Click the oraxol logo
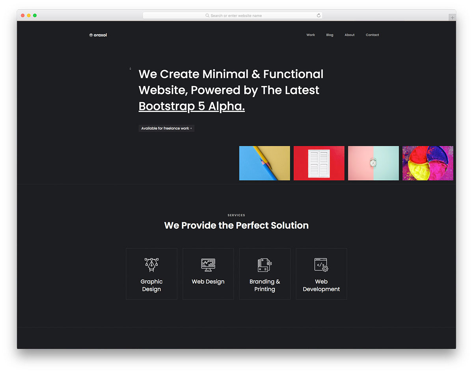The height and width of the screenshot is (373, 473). pos(98,35)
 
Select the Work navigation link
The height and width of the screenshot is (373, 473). pos(311,35)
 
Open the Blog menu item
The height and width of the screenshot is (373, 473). pos(330,35)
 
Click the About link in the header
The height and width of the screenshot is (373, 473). pos(349,35)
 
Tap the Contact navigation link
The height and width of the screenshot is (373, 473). pos(372,35)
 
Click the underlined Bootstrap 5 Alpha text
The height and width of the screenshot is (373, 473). pos(192,106)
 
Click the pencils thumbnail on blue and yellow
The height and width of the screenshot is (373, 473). pos(264,163)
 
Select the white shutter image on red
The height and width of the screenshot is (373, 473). pos(319,163)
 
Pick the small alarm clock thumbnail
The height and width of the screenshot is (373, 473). pos(373,163)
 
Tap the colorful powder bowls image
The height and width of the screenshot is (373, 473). pos(428,163)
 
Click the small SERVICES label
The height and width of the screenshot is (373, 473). pos(236,215)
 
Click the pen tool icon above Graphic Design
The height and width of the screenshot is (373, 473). pos(151,265)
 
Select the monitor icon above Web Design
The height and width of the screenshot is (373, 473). pos(208,265)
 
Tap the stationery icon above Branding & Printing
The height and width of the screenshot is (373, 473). pos(264,265)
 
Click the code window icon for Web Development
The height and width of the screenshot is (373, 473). pos(321,265)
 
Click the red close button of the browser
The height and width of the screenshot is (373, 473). pos(23,15)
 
